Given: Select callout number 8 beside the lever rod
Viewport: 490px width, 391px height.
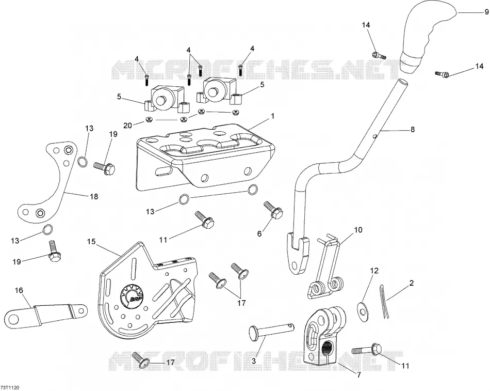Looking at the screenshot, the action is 413,129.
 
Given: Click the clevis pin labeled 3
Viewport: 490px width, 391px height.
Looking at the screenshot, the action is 271,332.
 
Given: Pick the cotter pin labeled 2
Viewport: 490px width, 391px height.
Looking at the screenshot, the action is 384,301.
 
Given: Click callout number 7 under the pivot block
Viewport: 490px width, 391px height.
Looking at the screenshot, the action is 359,374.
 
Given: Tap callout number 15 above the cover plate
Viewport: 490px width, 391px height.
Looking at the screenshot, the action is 91,242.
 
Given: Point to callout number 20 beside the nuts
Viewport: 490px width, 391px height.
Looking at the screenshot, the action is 128,125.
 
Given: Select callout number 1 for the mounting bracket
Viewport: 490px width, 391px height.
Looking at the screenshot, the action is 272,116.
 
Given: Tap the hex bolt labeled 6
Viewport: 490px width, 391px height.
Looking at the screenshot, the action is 274,210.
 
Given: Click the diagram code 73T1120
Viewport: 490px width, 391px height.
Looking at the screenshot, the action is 10,387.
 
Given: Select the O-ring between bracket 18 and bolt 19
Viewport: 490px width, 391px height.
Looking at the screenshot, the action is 82,162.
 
